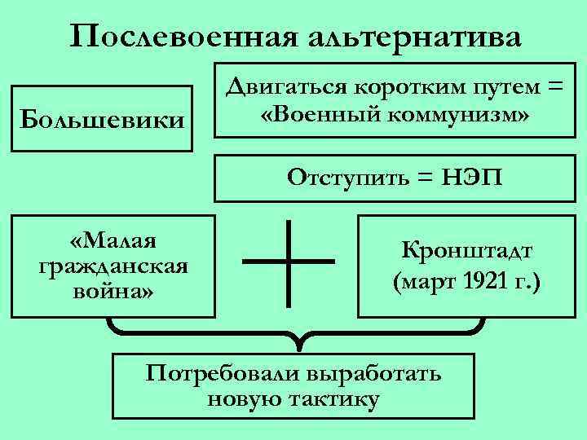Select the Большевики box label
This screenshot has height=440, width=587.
tap(102, 120)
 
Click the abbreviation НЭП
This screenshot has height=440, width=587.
tap(467, 177)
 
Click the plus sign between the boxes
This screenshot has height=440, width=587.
tap(289, 261)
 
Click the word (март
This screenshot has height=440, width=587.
tap(421, 283)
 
